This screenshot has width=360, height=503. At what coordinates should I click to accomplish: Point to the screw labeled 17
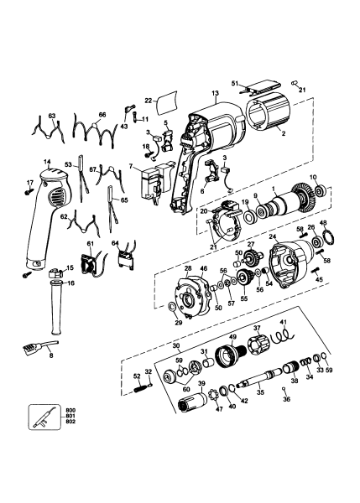pos(30,190)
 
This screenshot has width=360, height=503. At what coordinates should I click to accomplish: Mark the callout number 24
pos(272,237)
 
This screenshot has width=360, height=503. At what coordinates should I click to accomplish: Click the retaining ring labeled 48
pos(324,248)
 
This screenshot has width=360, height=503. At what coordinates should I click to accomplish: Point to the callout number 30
pos(175,345)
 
